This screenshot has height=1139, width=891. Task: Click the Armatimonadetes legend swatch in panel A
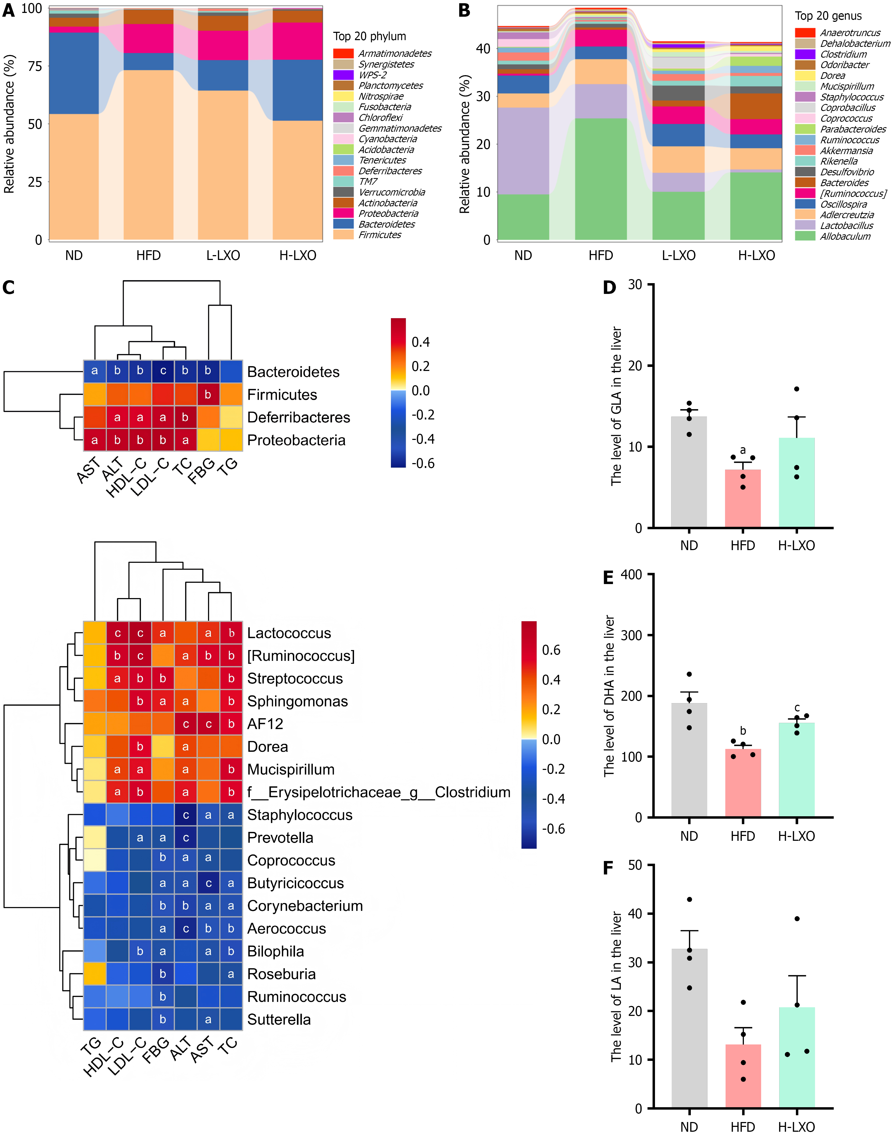click(343, 53)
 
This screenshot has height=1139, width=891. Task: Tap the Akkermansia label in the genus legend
click(846, 151)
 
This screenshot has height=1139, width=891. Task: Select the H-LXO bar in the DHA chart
click(797, 770)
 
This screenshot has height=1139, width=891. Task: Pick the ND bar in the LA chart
click(689, 1028)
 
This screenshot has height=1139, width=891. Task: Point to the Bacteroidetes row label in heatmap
click(293, 372)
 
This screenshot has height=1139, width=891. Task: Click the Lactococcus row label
click(289, 633)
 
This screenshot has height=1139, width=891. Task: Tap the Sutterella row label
click(279, 1020)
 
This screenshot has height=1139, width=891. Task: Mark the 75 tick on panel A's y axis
click(35, 66)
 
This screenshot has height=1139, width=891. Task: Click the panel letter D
click(609, 288)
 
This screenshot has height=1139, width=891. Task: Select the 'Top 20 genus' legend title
click(828, 16)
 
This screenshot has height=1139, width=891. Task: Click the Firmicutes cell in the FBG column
click(208, 394)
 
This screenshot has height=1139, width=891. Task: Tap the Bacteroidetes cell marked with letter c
click(163, 371)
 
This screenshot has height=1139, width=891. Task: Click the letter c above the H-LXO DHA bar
click(797, 708)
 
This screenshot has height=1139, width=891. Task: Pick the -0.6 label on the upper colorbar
click(422, 463)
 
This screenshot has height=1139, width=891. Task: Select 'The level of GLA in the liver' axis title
click(617, 406)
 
